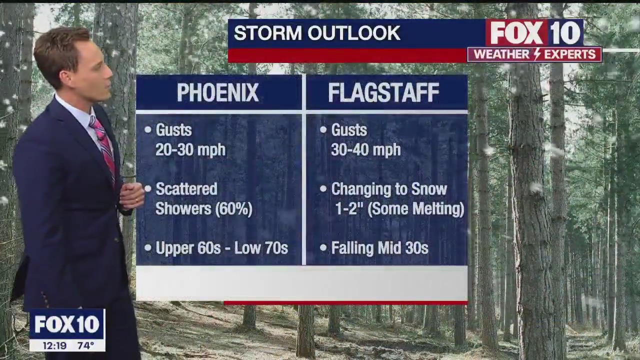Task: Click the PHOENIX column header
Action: click(x=217, y=93)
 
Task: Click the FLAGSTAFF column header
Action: click(x=383, y=93)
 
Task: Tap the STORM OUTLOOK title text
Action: click(x=317, y=33)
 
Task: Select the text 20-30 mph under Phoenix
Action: click(x=190, y=149)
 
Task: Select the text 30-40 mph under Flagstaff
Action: click(x=365, y=149)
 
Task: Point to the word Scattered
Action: click(x=186, y=189)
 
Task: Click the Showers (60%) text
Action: click(x=203, y=208)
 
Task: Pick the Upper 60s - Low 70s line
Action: click(x=221, y=248)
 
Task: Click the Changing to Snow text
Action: click(x=388, y=189)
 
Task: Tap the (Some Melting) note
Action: click(x=416, y=208)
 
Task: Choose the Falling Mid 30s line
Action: click(x=379, y=248)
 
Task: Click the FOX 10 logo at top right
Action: click(x=534, y=33)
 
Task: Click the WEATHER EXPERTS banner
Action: click(x=534, y=54)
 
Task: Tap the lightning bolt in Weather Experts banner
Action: click(x=537, y=54)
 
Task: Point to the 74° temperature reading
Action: click(x=85, y=345)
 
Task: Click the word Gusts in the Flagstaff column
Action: click(x=349, y=130)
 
